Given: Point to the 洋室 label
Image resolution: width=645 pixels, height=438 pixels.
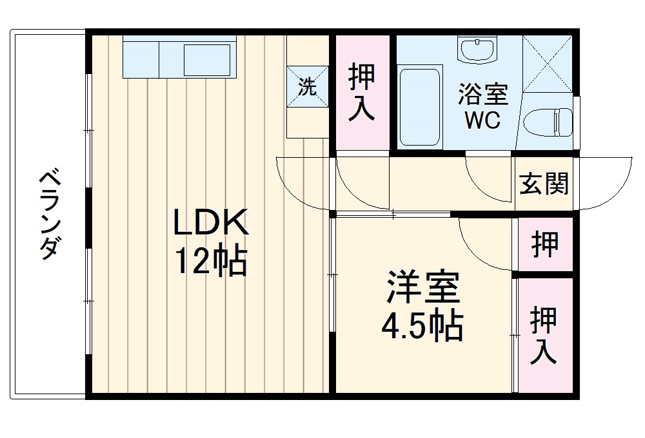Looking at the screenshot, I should (423, 287).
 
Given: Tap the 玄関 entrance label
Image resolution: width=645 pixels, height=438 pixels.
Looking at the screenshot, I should (544, 184).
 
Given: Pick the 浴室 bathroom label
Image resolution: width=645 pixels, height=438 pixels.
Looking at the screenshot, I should (483, 95).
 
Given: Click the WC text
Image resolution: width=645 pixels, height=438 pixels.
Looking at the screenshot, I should (483, 121).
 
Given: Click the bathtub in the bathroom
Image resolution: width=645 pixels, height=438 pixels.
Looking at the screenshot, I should (419, 106).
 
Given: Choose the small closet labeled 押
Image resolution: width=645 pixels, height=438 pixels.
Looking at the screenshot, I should (545, 244).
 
